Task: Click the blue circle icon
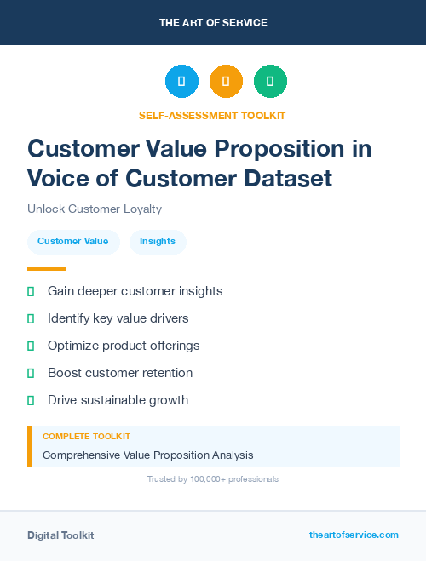pyautogui.click(x=181, y=82)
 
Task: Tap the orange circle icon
pyautogui.click(x=226, y=82)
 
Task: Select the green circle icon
pyautogui.click(x=270, y=82)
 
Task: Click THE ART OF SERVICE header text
pyautogui.click(x=213, y=23)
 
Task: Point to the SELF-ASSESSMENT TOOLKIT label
pyautogui.click(x=212, y=115)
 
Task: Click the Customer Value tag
pyautogui.click(x=72, y=241)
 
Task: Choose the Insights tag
pyautogui.click(x=158, y=241)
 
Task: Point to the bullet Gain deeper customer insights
pyautogui.click(x=135, y=291)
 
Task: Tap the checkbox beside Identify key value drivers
pyautogui.click(x=31, y=318)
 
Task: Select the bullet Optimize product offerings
pyautogui.click(x=123, y=346)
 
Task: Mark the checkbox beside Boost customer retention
pyautogui.click(x=31, y=373)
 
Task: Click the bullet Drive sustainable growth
pyautogui.click(x=118, y=400)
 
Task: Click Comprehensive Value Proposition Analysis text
pyautogui.click(x=147, y=455)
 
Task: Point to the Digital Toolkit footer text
pyautogui.click(x=60, y=535)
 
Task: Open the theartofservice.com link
pyautogui.click(x=354, y=535)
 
